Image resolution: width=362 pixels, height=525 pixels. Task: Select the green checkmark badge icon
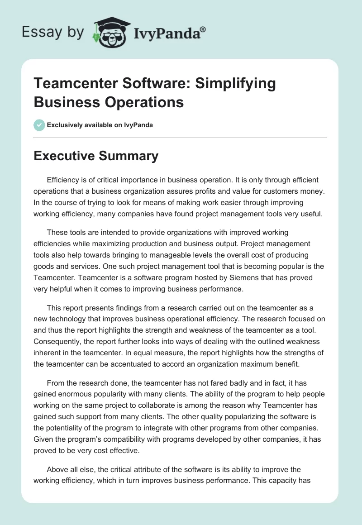(39, 125)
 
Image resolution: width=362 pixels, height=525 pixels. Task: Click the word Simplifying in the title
(232, 84)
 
